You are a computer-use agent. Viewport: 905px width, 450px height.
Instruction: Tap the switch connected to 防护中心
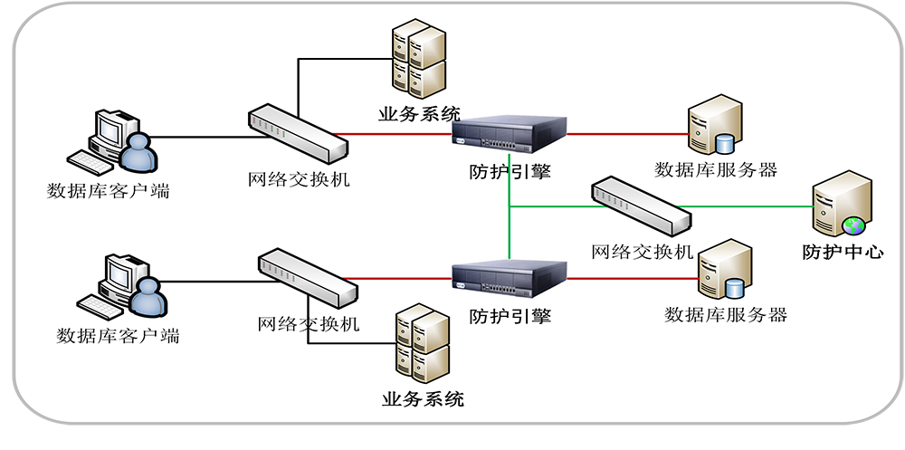640,207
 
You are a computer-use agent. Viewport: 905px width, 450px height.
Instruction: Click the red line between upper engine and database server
624,134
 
